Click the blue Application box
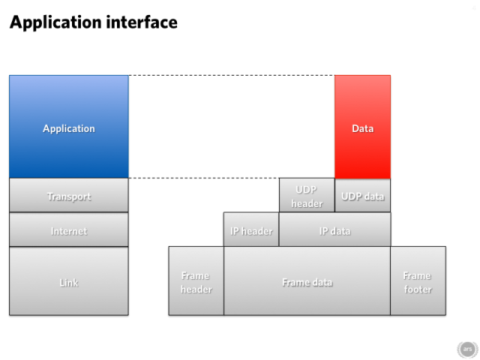(69, 127)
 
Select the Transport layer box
(69, 195)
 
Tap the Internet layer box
(69, 229)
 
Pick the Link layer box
(69, 281)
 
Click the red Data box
(363, 127)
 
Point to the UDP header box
(307, 195)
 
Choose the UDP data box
(363, 195)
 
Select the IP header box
(251, 229)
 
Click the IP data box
(335, 229)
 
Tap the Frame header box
(196, 281)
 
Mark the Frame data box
(307, 281)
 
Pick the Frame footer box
(418, 281)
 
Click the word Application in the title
(55, 22)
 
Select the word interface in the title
(142, 22)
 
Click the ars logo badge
(467, 349)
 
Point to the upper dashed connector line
(232, 75)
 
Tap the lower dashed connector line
(204, 178)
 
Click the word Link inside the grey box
(69, 283)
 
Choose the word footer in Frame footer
(418, 289)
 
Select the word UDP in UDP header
(307, 190)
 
